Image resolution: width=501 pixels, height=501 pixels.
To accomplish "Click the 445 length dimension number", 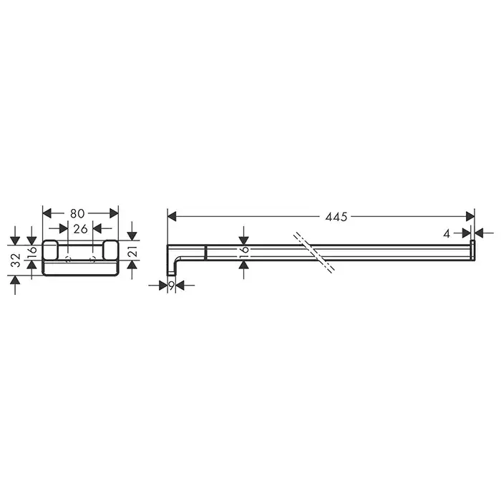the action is pos(336,217).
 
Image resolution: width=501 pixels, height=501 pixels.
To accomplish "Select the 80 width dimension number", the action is pos(77,213).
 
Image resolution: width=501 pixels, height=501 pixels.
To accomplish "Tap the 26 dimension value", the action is pos(80,229).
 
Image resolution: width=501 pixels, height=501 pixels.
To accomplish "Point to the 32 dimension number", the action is pos(15,260).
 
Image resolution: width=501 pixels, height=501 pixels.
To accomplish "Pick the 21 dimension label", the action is pos(132,251).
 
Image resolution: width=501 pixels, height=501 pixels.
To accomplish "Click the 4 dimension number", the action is pos(447,234).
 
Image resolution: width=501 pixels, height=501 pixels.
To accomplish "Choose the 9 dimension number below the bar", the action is pos(171,286).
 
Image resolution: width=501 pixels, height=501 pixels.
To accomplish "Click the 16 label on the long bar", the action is pos(244,253).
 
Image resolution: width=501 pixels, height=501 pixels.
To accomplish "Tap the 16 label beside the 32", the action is pos(32,253).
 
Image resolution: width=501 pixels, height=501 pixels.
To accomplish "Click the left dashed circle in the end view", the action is pos(68,259).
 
